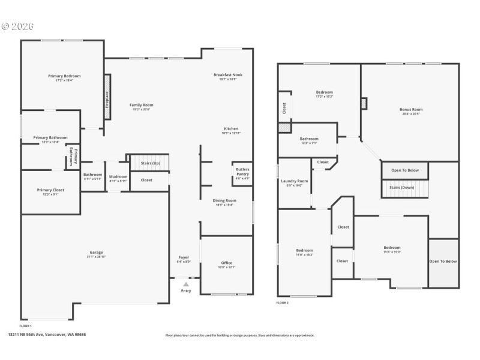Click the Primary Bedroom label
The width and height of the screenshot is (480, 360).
click(64, 76)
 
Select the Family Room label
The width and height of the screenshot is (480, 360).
click(142, 105)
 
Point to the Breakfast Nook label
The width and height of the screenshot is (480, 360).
click(227, 74)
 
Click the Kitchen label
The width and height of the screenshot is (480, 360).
click(231, 129)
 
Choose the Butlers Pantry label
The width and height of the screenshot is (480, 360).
click(242, 172)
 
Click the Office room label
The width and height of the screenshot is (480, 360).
click(226, 263)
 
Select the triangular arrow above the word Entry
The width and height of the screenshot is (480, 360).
click(186, 284)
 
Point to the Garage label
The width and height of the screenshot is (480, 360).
click(96, 252)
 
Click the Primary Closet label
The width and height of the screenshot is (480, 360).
click(49, 190)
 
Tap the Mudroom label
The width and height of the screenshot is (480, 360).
click(118, 176)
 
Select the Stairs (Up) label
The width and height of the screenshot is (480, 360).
click(150, 163)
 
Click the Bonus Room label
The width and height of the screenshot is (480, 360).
click(411, 109)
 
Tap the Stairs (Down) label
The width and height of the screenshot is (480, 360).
click(406, 187)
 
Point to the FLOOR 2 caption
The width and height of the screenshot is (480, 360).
click(282, 303)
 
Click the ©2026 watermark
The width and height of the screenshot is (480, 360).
click(17, 26)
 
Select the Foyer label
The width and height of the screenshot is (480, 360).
click(184, 257)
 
